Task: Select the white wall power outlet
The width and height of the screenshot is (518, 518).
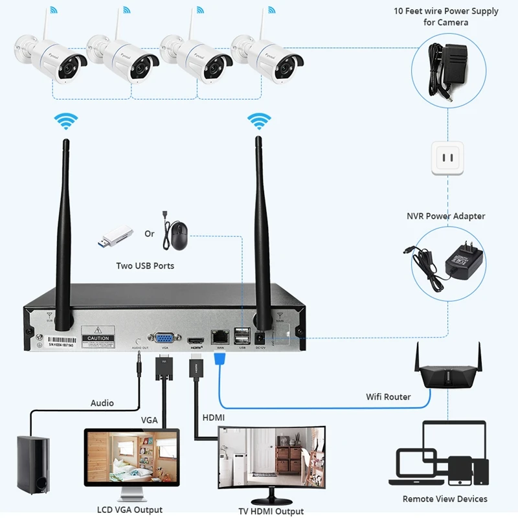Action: (446, 159)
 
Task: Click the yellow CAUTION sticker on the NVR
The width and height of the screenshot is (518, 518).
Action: (98, 338)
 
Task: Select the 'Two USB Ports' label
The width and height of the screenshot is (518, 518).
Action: (145, 265)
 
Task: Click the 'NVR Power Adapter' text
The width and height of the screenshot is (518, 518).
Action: (445, 216)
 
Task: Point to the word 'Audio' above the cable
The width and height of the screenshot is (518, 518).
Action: (102, 403)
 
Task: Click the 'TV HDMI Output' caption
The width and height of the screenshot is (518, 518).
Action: (271, 512)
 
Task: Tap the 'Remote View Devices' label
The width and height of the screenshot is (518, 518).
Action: (445, 499)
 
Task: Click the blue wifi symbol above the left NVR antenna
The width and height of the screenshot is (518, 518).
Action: (65, 121)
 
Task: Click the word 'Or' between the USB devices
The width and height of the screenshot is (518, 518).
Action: (150, 233)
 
